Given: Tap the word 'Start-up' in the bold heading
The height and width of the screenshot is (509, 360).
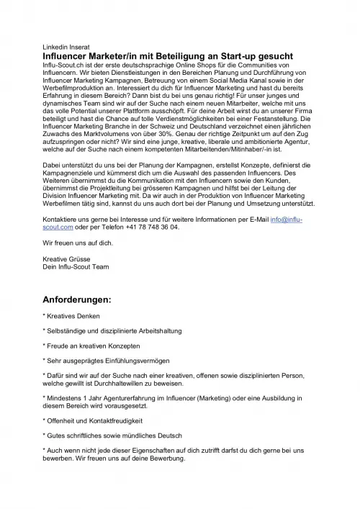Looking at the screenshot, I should click(243, 55).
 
